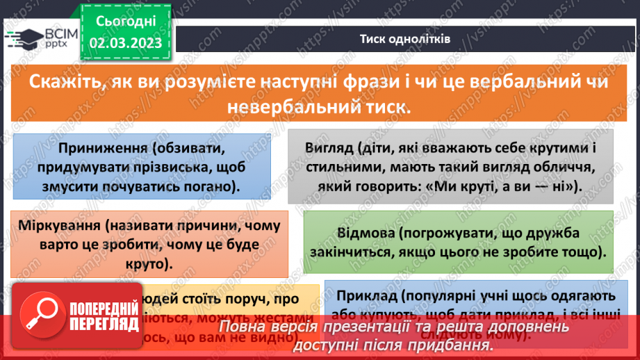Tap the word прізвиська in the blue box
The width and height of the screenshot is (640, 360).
tap(176, 167)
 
